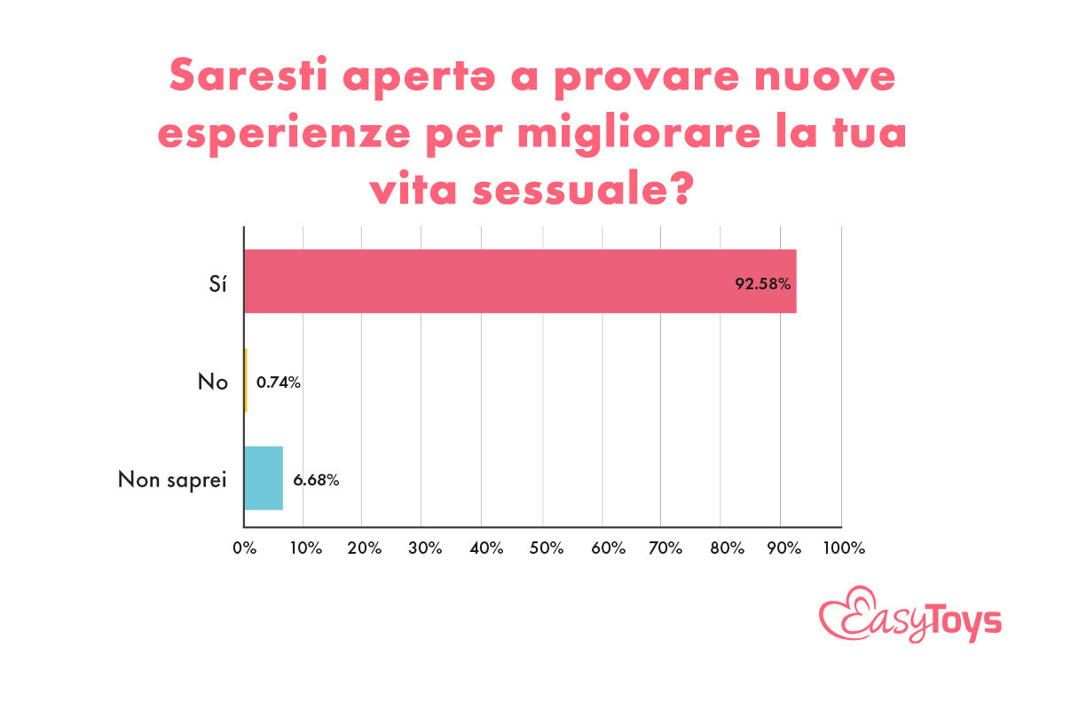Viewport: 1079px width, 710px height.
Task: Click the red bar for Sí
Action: [x=519, y=281]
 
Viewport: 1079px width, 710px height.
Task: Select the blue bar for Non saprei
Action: [x=264, y=477]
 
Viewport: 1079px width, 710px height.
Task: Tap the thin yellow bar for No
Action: [x=246, y=380]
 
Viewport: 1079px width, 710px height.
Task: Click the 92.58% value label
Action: [x=762, y=285]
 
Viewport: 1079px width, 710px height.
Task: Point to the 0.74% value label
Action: [x=279, y=383]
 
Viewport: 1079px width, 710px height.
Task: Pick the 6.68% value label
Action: [x=317, y=480]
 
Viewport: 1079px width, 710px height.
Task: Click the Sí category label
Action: [x=213, y=285]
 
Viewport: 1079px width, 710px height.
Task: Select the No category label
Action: [x=213, y=383]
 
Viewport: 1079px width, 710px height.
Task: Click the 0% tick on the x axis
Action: [x=244, y=548]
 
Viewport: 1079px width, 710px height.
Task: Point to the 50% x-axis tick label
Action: [x=543, y=548]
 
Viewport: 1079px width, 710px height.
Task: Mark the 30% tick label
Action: [x=423, y=548]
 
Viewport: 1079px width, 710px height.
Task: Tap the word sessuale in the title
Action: [x=589, y=188]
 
